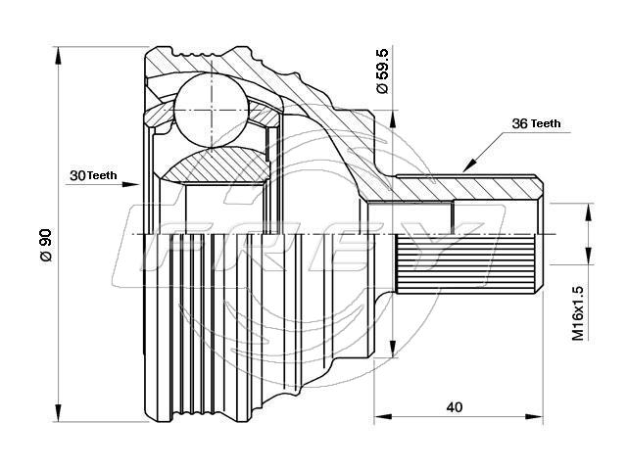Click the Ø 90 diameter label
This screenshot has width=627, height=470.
(x=46, y=245)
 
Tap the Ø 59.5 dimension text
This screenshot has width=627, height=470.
(x=382, y=70)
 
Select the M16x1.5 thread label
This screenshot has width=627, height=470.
(x=577, y=313)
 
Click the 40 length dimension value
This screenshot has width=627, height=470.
(x=455, y=407)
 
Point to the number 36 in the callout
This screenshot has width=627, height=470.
(x=520, y=123)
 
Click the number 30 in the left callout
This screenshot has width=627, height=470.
(x=77, y=175)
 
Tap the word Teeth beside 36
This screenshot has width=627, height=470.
(x=546, y=124)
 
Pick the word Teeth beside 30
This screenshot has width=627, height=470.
(x=102, y=175)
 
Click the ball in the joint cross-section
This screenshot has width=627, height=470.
(x=212, y=110)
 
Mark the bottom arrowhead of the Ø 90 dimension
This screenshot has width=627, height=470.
(x=59, y=412)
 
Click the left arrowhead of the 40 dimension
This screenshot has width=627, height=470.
(x=382, y=416)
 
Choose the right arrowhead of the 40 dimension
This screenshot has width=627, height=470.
(x=534, y=416)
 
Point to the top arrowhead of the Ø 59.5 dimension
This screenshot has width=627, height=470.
(x=393, y=118)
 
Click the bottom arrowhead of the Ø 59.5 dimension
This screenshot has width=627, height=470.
(x=393, y=348)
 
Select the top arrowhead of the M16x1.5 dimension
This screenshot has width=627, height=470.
(x=588, y=211)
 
